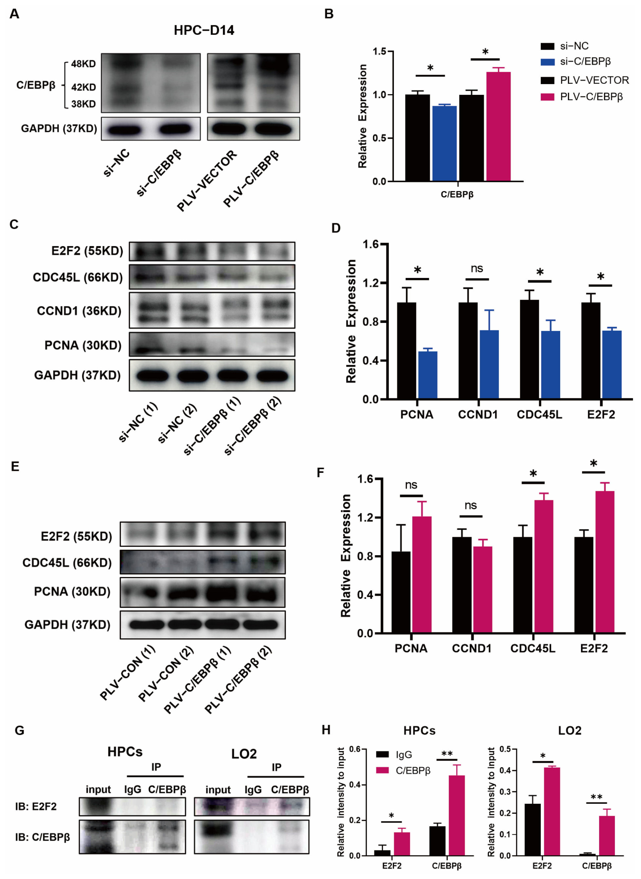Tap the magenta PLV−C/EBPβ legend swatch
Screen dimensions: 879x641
coord(547,97)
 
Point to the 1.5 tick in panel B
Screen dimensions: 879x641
coord(379,51)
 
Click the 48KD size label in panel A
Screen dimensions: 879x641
coord(83,64)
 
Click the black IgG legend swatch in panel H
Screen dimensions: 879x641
coord(383,754)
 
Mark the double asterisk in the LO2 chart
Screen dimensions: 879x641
coord(596,797)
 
